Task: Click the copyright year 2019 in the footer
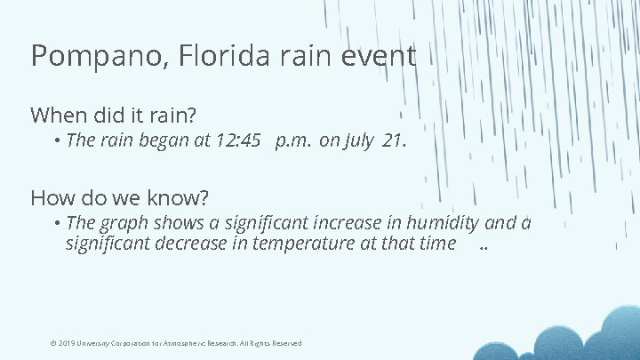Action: click(x=67, y=343)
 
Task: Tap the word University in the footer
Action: click(x=96, y=343)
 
